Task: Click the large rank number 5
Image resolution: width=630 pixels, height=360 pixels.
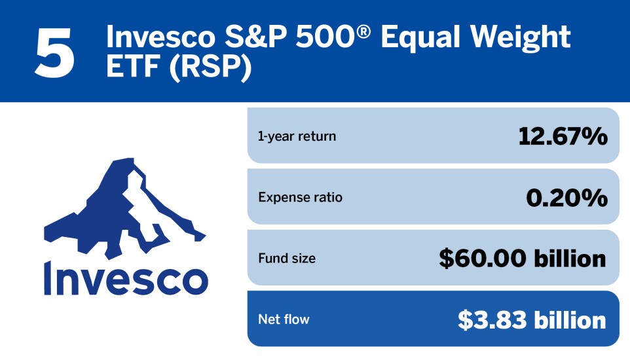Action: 55,52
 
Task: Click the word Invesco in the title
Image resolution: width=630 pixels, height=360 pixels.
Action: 160,37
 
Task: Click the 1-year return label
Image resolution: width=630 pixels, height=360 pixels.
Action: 297,136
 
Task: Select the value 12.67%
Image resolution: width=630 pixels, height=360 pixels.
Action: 563,136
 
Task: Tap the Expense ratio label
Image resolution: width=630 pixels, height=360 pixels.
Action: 300,197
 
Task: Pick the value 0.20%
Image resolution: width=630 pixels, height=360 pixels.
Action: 566,198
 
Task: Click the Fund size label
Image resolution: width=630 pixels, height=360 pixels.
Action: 287,258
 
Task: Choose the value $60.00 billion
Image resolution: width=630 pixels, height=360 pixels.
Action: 523,259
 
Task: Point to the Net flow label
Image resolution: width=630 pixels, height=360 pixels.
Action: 284,319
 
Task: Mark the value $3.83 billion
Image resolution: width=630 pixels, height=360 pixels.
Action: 532,320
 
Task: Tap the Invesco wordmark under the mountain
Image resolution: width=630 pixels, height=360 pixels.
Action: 126,278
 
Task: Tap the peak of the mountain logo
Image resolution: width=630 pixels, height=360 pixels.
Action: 124,159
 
